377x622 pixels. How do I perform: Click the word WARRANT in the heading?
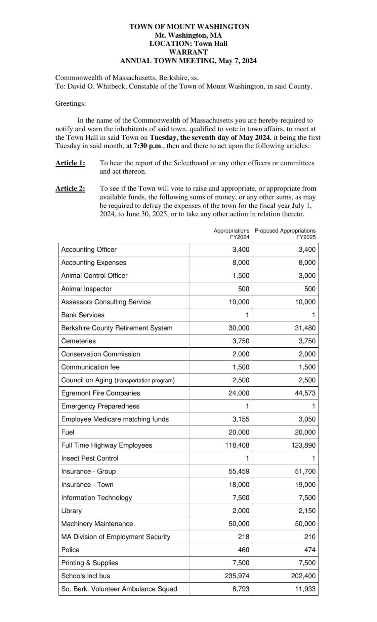coord(188,52)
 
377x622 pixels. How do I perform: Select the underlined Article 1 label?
coord(70,163)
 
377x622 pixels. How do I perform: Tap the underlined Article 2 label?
coord(70,189)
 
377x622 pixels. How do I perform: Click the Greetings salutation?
coord(71,104)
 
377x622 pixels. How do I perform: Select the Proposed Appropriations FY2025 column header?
coord(285,234)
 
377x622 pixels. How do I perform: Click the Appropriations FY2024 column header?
coord(232,234)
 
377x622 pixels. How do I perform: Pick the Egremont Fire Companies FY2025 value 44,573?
coord(305,393)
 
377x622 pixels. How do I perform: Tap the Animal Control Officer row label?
coord(94,276)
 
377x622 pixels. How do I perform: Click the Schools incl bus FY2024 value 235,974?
coord(237,576)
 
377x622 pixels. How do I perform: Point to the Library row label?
coord(72,511)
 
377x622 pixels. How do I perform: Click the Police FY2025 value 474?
coord(310,550)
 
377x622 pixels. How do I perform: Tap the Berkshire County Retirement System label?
coord(117,328)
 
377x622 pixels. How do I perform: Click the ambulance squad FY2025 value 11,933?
coord(305,589)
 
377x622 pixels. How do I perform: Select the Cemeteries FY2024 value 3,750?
coord(241,341)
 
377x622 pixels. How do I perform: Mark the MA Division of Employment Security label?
coord(116,537)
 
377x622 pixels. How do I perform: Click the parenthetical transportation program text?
coord(144,381)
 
